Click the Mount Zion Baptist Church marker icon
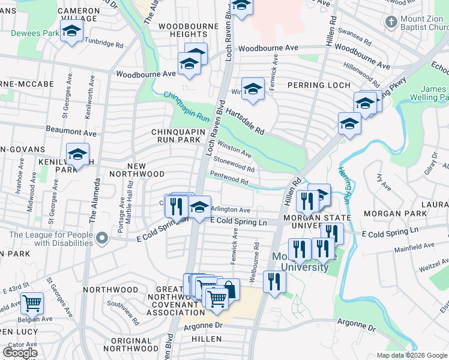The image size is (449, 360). (x=391, y=23)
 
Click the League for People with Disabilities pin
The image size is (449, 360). (x=102, y=239)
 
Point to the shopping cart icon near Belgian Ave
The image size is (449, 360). (x=32, y=304)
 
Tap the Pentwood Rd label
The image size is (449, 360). (x=229, y=178)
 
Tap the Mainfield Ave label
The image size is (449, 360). (x=414, y=246)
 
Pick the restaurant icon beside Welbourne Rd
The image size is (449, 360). (x=274, y=281)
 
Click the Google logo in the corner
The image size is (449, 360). (x=21, y=353)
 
